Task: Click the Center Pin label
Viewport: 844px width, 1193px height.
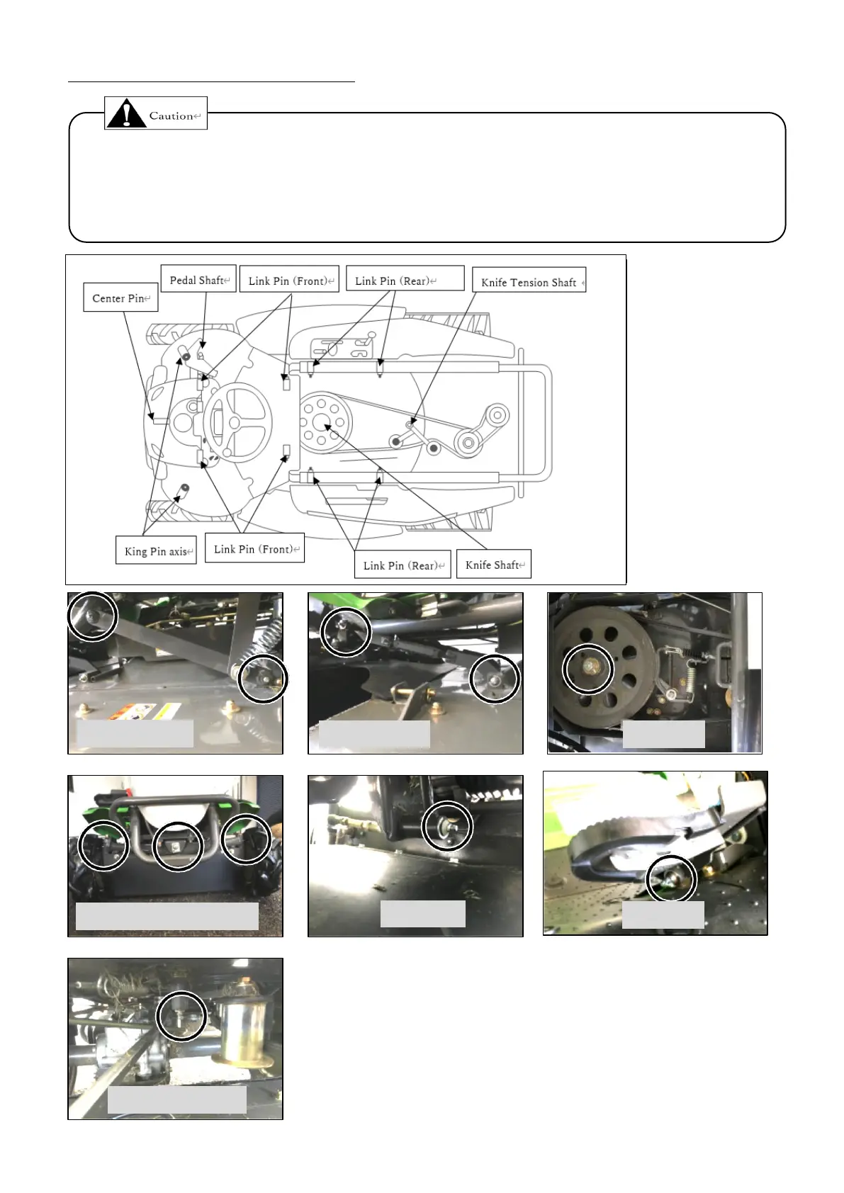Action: (120, 298)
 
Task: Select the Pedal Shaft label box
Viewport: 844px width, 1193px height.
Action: (198, 280)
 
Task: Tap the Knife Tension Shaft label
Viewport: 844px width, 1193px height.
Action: (529, 281)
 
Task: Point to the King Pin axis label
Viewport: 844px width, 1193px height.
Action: (156, 551)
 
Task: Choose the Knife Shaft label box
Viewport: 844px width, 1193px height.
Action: (494, 565)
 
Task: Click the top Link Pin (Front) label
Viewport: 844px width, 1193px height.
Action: (289, 281)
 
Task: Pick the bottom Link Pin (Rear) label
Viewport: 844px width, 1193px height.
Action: (403, 565)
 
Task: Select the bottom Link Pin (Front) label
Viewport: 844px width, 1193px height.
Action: (254, 549)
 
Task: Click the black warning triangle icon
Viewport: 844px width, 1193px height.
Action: (126, 114)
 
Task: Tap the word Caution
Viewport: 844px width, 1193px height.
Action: (171, 115)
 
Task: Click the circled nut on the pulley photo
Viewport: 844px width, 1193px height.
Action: (588, 668)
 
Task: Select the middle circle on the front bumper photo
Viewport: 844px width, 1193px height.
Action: (177, 846)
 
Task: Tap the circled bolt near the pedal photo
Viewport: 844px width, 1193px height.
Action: (672, 878)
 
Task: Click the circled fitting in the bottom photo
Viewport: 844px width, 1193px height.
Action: (182, 1016)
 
